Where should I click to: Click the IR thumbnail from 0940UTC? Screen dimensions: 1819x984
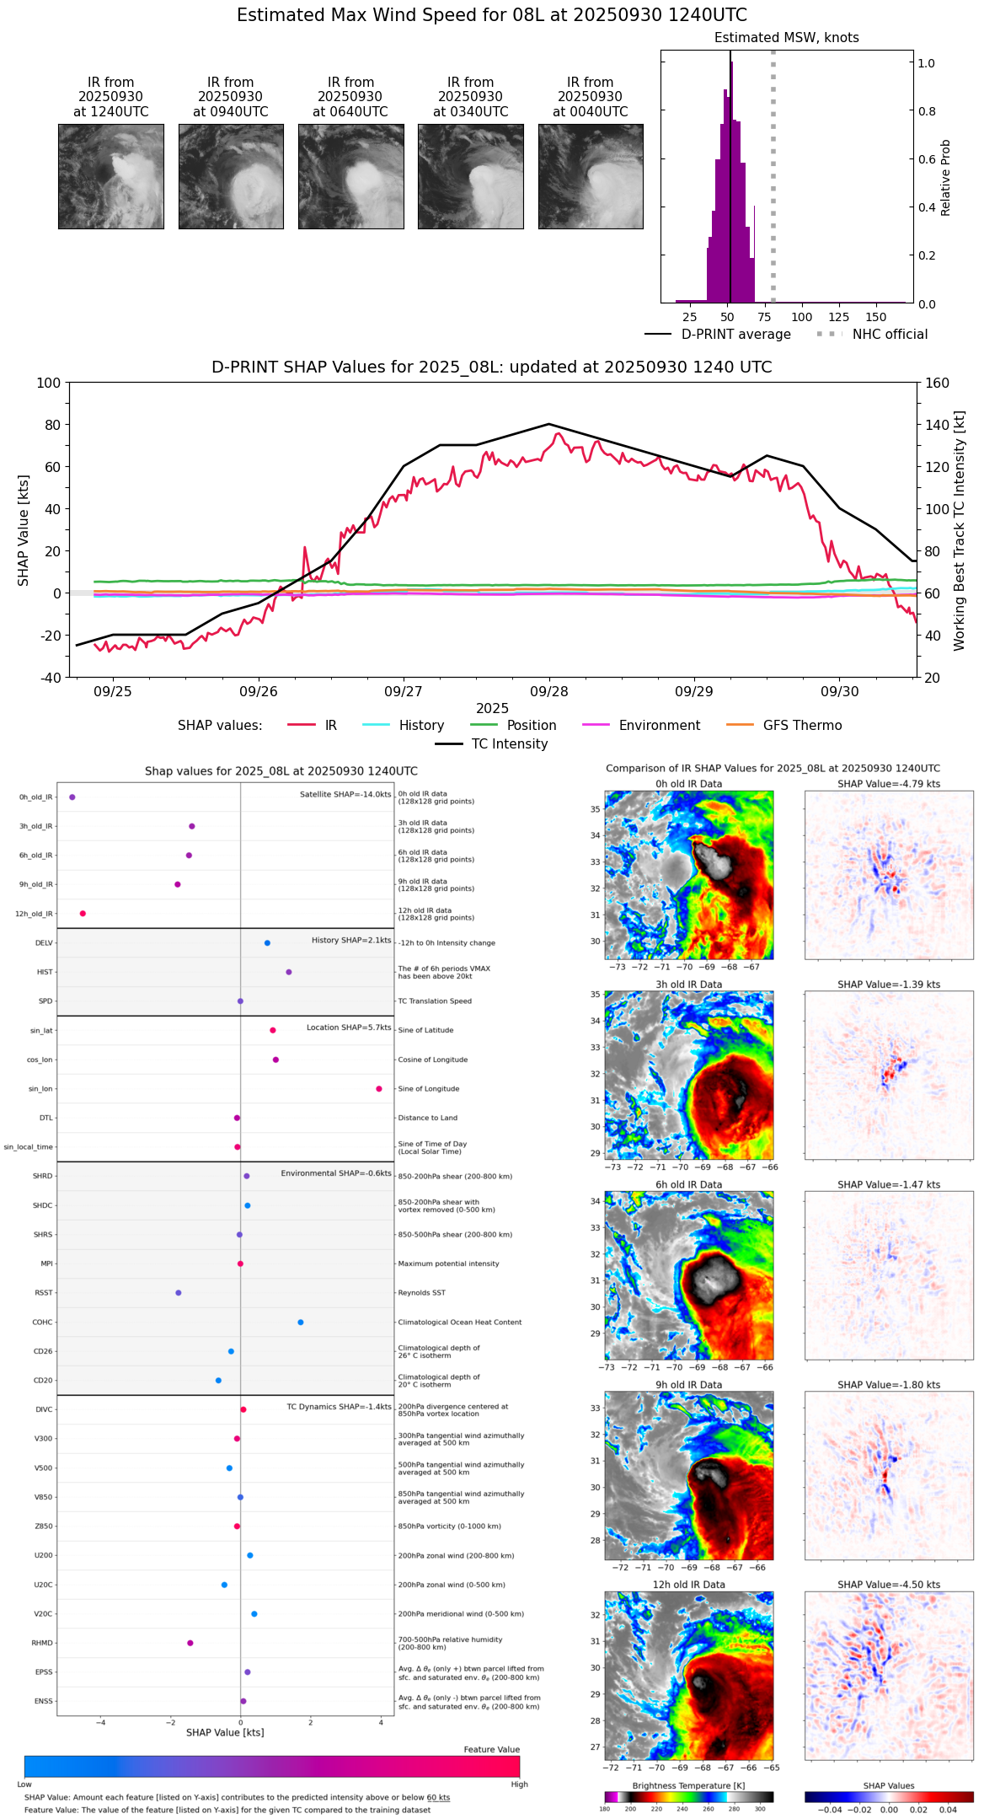[231, 176]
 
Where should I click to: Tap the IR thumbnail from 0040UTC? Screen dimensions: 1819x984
[591, 176]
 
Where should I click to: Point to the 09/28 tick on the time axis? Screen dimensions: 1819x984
[549, 691]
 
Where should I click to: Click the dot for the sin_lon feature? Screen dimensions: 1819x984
[379, 1089]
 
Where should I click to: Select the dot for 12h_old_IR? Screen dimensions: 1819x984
[83, 914]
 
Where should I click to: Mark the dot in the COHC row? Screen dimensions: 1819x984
[301, 1323]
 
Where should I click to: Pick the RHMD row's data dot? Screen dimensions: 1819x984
[190, 1643]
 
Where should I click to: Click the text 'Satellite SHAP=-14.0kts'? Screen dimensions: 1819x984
[345, 795]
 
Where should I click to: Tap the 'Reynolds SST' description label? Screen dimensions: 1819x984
[422, 1293]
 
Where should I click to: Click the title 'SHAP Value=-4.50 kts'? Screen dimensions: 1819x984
[889, 1585]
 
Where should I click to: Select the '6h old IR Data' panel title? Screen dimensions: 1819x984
[688, 1184]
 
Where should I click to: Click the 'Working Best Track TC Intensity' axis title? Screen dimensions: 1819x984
[960, 531]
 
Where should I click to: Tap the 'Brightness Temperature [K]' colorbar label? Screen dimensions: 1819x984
[688, 1786]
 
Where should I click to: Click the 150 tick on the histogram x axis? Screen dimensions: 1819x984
[876, 318]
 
